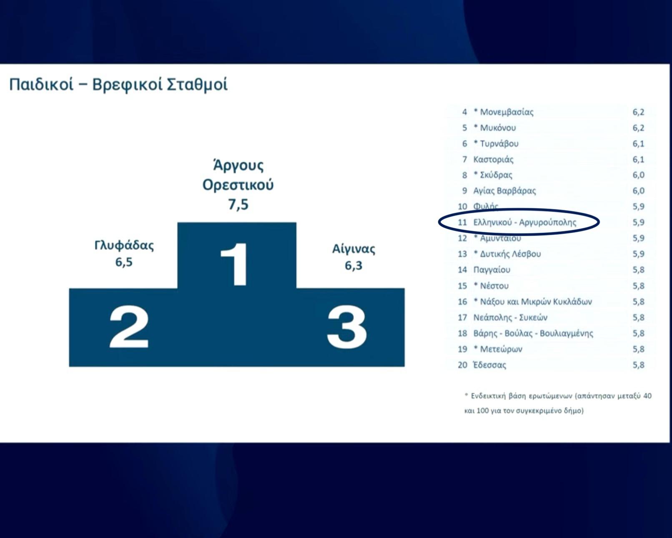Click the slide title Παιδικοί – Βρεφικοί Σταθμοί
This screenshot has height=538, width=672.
[x=118, y=85]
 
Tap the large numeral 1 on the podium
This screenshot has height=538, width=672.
[x=235, y=264]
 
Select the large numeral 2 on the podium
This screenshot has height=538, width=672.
[x=129, y=327]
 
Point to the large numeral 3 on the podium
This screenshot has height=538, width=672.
[x=346, y=327]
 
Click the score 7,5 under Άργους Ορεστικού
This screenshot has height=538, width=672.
[x=238, y=204]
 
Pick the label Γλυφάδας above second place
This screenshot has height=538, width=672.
[x=124, y=246]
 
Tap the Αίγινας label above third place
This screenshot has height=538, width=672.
[x=354, y=249]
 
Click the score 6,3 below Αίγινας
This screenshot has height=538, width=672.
[x=354, y=266]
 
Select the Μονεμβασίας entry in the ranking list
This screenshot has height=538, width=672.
[x=507, y=112]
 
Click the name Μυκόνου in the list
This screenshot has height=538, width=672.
[x=498, y=128]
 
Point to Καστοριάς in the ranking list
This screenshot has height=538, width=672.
[x=494, y=160]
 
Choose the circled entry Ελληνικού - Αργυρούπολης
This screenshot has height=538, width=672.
[x=524, y=222]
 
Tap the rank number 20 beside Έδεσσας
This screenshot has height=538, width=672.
[x=462, y=365]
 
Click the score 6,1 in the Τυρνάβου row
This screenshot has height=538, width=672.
[x=638, y=144]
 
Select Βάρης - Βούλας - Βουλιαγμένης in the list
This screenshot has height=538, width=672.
[x=533, y=333]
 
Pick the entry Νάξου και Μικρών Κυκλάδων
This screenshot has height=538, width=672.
[x=536, y=302]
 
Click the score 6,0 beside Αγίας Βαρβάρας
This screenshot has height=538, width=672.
[x=638, y=191]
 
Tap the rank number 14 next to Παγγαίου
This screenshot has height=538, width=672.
[x=462, y=270]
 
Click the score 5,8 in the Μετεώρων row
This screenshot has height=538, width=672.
[x=638, y=349]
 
